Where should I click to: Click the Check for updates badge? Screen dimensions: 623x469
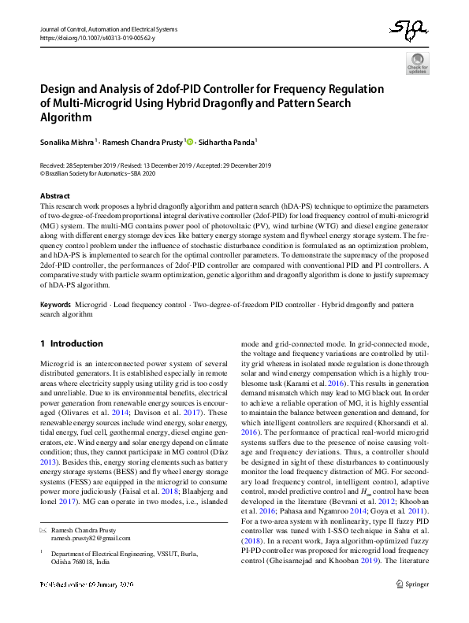[x=418, y=64]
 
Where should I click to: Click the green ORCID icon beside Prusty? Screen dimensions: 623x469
[x=188, y=142]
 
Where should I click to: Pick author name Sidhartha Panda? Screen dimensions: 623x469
[x=225, y=143]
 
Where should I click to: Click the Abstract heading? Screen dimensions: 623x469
[x=54, y=195]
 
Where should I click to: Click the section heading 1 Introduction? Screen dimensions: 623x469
[x=71, y=343]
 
